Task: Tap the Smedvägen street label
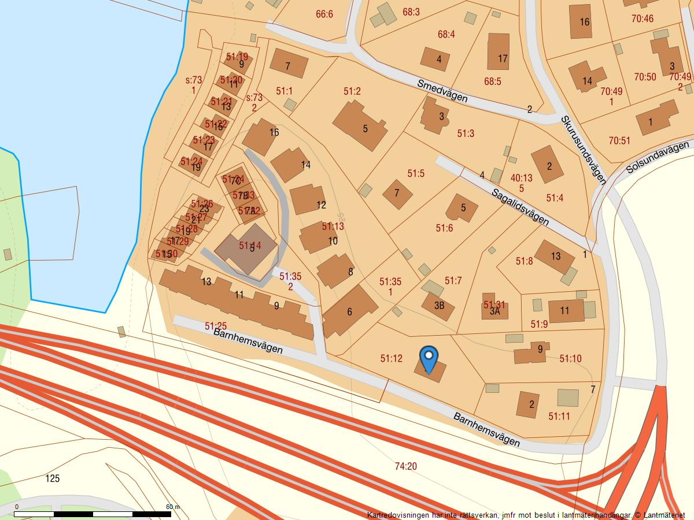(x=442, y=91)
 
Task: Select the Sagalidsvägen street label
(x=520, y=207)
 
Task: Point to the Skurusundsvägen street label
(x=583, y=150)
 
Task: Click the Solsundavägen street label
(x=659, y=157)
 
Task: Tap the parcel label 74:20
(x=405, y=466)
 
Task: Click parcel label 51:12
(x=391, y=359)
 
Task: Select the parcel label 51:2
(x=352, y=91)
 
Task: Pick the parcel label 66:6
(x=324, y=14)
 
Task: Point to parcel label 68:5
(x=493, y=81)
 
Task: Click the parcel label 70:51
(x=619, y=140)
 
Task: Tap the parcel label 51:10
(x=570, y=359)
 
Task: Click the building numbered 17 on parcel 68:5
(x=499, y=52)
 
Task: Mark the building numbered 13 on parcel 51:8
(x=555, y=257)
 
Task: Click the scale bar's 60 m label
(x=173, y=507)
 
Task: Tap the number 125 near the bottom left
(x=52, y=478)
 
